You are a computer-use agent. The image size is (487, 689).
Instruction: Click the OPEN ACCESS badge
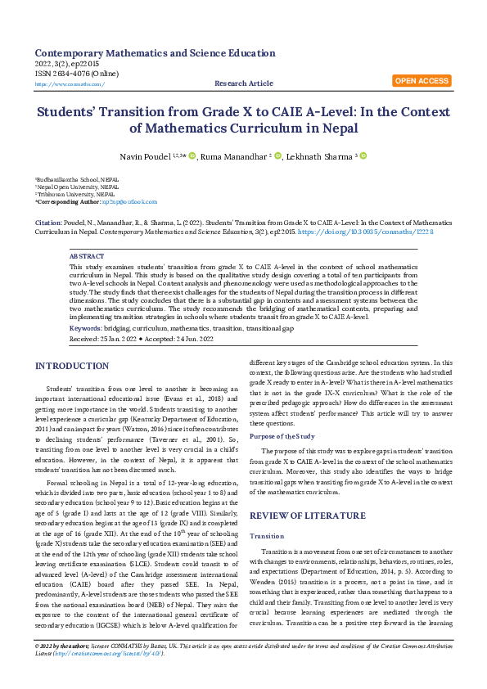point(422,81)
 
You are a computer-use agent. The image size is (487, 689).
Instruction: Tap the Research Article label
point(243,83)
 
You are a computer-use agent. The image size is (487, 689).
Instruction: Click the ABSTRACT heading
point(88,257)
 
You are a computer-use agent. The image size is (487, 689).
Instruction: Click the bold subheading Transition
point(267,513)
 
